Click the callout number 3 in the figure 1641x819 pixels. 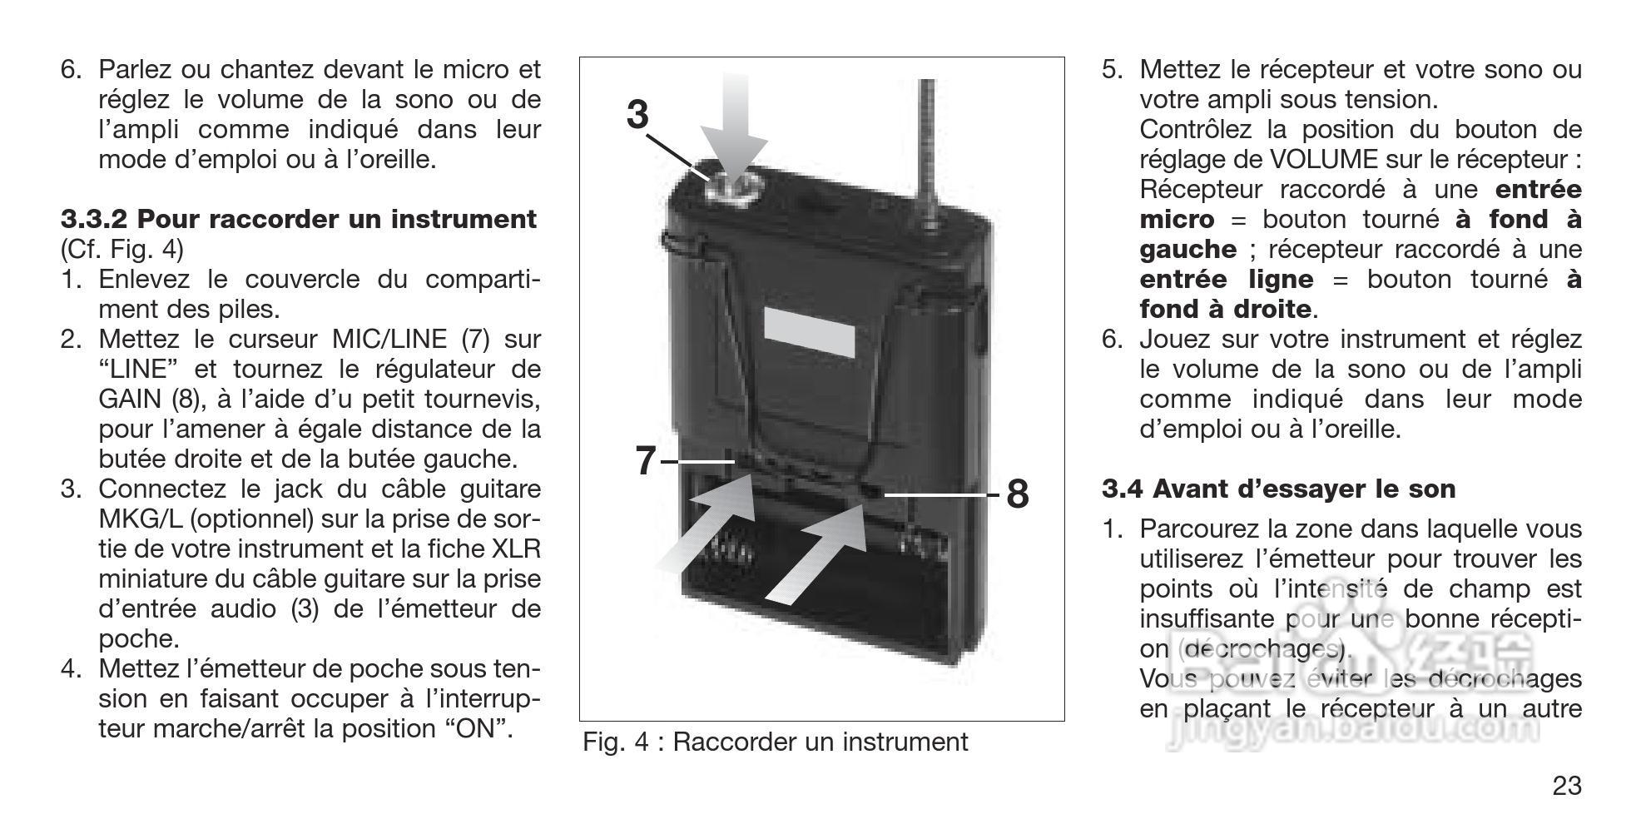[637, 115]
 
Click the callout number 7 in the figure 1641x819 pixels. [645, 461]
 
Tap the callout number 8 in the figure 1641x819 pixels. [1017, 494]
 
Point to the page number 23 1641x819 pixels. [1567, 786]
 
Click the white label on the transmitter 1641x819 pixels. [809, 332]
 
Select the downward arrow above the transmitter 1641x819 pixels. [732, 125]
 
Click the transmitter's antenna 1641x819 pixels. [927, 141]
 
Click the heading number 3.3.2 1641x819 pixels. [94, 220]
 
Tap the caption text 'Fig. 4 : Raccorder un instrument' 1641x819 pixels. [775, 742]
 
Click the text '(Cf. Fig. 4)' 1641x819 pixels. [122, 250]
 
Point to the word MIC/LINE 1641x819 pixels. [391, 340]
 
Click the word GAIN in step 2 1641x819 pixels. [130, 400]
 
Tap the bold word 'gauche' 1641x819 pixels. [1187, 250]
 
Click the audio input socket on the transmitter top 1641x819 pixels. [727, 186]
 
